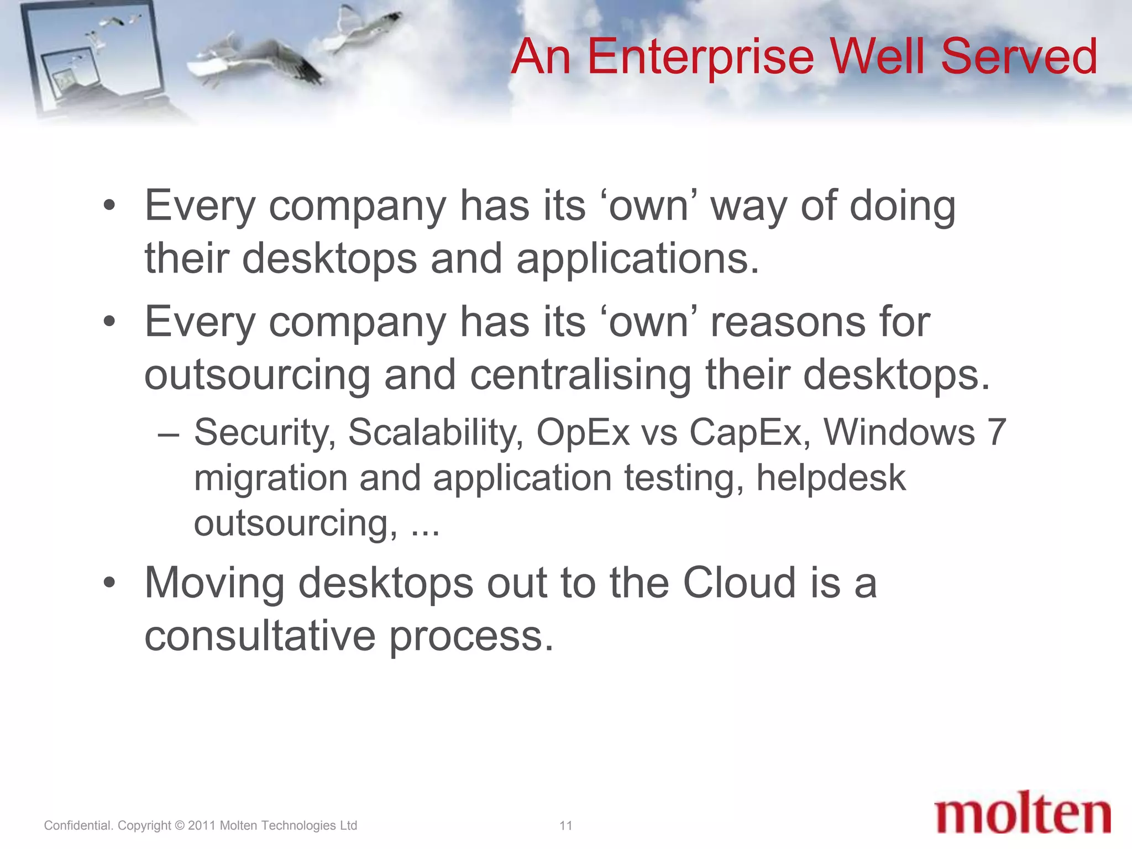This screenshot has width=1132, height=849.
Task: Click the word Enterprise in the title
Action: pyautogui.click(x=700, y=57)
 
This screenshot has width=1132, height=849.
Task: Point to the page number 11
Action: pyautogui.click(x=565, y=826)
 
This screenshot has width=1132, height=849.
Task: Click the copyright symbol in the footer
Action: pyautogui.click(x=179, y=826)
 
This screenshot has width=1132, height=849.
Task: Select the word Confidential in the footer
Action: pyautogui.click(x=77, y=826)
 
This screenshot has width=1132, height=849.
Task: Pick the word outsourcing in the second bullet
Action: pyautogui.click(x=257, y=375)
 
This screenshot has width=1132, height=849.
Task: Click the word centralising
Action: pyautogui.click(x=580, y=375)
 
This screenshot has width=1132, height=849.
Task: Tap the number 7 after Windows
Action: pyautogui.click(x=996, y=433)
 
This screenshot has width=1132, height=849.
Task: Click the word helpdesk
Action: pyautogui.click(x=831, y=478)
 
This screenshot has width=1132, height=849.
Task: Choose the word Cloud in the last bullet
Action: pyautogui.click(x=740, y=584)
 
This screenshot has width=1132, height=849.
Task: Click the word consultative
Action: pyautogui.click(x=260, y=637)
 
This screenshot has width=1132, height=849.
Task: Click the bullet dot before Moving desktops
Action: pyautogui.click(x=109, y=584)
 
